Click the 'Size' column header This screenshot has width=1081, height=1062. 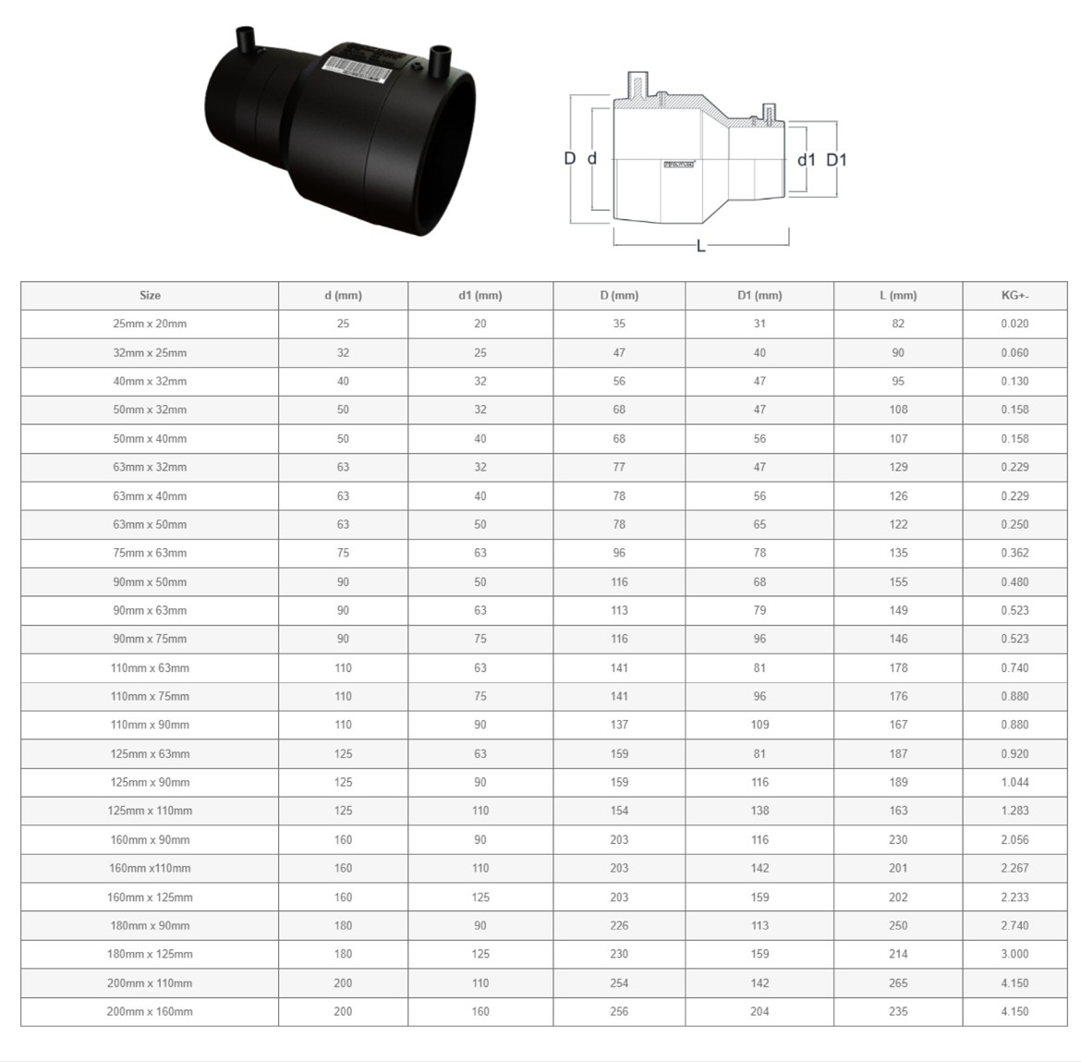pyautogui.click(x=150, y=295)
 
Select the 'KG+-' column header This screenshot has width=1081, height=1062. pyautogui.click(x=1014, y=295)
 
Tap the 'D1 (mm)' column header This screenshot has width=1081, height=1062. pyautogui.click(x=759, y=295)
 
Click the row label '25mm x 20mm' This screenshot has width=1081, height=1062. pyautogui.click(x=150, y=323)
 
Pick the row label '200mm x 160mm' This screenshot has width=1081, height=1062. pyautogui.click(x=150, y=1012)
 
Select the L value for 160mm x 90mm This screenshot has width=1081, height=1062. pyautogui.click(x=898, y=839)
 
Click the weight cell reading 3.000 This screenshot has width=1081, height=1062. pyautogui.click(x=1014, y=954)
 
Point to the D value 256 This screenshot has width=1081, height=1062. pyautogui.click(x=619, y=1012)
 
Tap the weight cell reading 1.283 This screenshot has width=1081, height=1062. pyautogui.click(x=1014, y=811)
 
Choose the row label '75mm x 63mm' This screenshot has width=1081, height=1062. pyautogui.click(x=150, y=553)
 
